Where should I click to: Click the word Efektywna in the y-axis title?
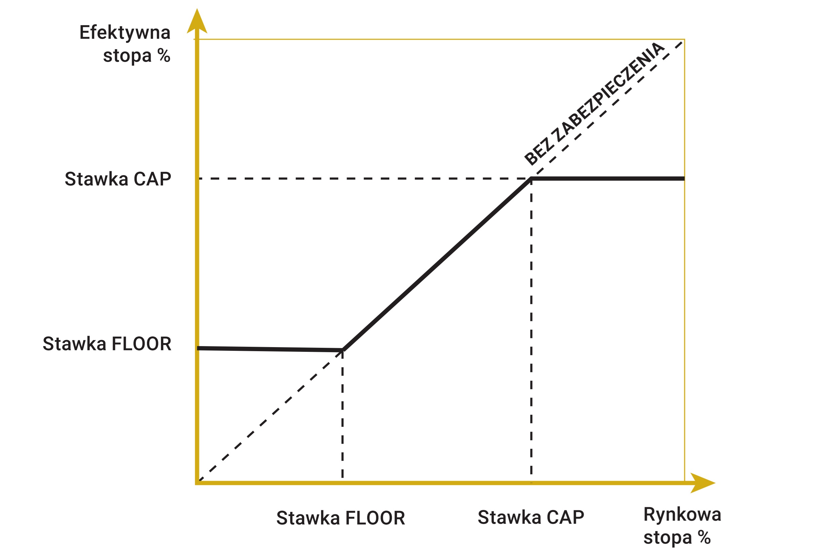[125, 33]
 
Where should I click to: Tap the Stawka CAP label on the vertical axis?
[118, 179]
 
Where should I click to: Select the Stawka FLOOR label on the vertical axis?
[107, 344]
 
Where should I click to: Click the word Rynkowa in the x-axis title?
[682, 514]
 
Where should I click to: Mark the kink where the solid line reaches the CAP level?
[531, 179]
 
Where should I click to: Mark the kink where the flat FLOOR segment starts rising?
[343, 350]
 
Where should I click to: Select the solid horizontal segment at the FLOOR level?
[269, 349]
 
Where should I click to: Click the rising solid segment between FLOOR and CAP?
[437, 264]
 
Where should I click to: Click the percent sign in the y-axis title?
[164, 55]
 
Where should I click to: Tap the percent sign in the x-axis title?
[705, 538]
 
